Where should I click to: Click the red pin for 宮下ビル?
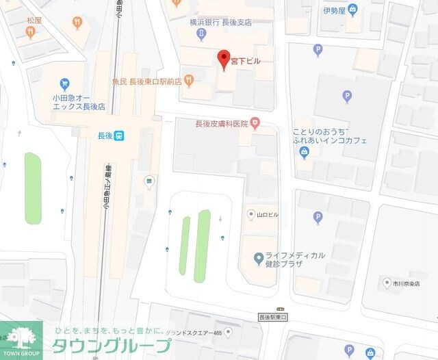click(222, 59)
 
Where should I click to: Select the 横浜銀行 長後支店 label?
click(220, 22)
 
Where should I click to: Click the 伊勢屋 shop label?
click(334, 11)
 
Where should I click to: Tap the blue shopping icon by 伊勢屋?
click(352, 10)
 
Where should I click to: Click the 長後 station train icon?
click(119, 136)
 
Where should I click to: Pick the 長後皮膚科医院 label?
click(220, 124)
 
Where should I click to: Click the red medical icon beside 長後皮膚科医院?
click(255, 124)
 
